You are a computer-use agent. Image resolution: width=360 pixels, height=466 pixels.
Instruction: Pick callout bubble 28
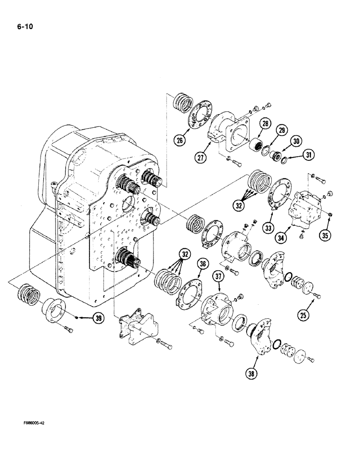(x=265, y=123)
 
